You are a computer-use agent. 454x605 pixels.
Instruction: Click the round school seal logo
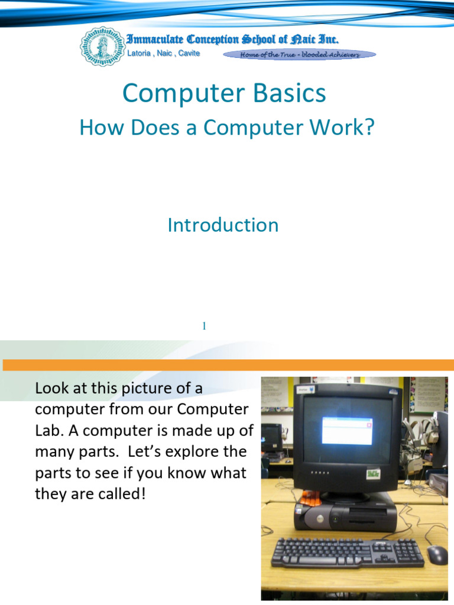(x=102, y=46)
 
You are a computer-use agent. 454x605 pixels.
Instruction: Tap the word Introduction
(x=223, y=225)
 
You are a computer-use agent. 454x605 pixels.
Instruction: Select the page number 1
(x=204, y=326)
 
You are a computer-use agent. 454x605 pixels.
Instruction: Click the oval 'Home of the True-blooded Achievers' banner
(x=299, y=55)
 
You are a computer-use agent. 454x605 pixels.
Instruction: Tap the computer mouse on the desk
(x=437, y=554)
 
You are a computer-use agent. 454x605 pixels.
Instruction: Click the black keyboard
(x=347, y=552)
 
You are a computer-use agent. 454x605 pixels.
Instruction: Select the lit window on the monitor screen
(x=347, y=430)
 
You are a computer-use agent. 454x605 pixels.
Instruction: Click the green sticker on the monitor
(x=372, y=473)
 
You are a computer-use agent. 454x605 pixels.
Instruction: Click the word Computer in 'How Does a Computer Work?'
(x=261, y=128)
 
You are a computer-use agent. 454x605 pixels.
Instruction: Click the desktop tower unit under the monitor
(x=346, y=515)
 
